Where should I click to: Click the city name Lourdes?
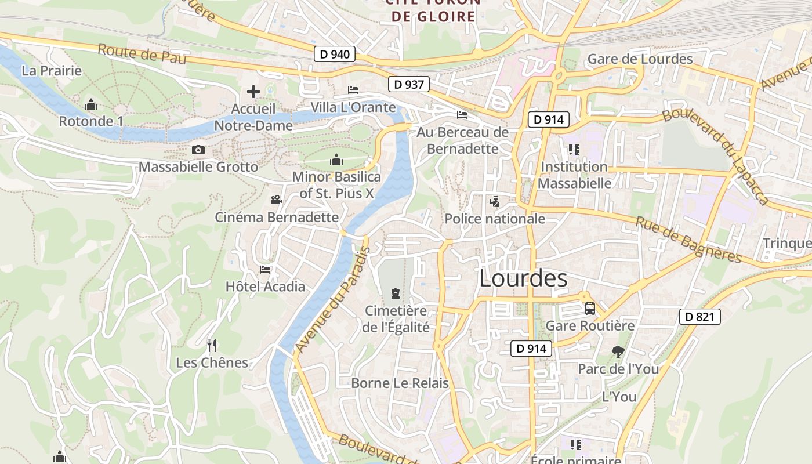coord(523,279)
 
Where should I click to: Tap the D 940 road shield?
coord(335,55)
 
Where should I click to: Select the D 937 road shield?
coord(408,84)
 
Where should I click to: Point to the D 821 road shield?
coord(699,317)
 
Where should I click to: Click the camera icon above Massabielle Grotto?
coord(198,150)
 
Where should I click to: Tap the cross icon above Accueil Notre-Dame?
coord(253,92)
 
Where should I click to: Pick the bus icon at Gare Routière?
coord(590,309)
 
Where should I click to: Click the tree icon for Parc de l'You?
coord(618,351)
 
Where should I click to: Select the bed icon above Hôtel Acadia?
coord(265,270)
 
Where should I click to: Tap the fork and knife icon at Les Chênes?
coord(212,346)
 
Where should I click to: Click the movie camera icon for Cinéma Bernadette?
coord(276,200)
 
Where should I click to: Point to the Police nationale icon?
coord(494,202)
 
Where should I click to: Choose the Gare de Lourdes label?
coord(640,59)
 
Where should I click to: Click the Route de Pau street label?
coord(142,54)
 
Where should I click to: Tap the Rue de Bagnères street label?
coord(688,240)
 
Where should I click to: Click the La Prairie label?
coord(52,71)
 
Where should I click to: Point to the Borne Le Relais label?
coord(400,383)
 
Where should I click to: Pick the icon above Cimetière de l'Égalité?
coord(396,293)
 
